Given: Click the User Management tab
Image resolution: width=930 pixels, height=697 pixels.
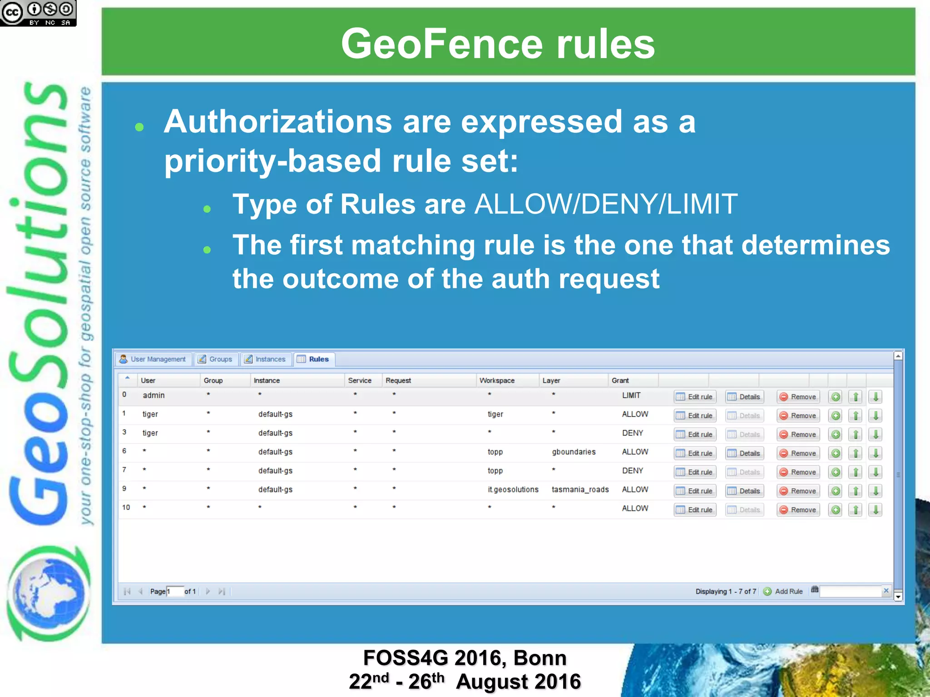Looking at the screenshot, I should click(x=153, y=359).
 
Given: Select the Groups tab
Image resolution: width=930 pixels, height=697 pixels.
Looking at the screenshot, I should click(x=216, y=359).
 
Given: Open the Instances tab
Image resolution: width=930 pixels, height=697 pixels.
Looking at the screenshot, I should click(x=265, y=359).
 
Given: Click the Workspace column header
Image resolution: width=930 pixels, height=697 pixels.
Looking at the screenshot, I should click(x=497, y=380).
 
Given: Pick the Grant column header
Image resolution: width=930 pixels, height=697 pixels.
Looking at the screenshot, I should click(x=620, y=380).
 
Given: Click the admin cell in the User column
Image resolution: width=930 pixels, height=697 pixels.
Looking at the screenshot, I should click(x=153, y=395).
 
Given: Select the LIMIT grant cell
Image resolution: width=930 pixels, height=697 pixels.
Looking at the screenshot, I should click(x=631, y=395).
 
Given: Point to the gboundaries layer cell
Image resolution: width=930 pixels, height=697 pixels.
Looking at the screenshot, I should click(x=574, y=452).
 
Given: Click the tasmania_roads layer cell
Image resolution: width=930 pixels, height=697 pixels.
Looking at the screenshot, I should click(x=580, y=490).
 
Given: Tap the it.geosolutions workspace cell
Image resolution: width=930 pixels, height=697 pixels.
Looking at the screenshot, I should click(x=513, y=490).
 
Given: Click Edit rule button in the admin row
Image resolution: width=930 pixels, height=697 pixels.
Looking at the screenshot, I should click(x=695, y=397).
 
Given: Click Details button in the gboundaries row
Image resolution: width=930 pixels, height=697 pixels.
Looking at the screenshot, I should click(x=745, y=453).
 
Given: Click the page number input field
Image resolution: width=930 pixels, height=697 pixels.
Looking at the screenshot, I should click(x=175, y=591).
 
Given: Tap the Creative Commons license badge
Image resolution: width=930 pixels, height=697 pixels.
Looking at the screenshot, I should click(x=38, y=13).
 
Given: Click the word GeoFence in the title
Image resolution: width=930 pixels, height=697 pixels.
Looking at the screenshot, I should click(x=441, y=44).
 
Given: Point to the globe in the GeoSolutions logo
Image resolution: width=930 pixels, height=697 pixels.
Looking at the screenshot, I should click(x=48, y=594).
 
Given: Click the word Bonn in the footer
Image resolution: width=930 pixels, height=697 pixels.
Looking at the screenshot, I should click(x=540, y=658).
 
